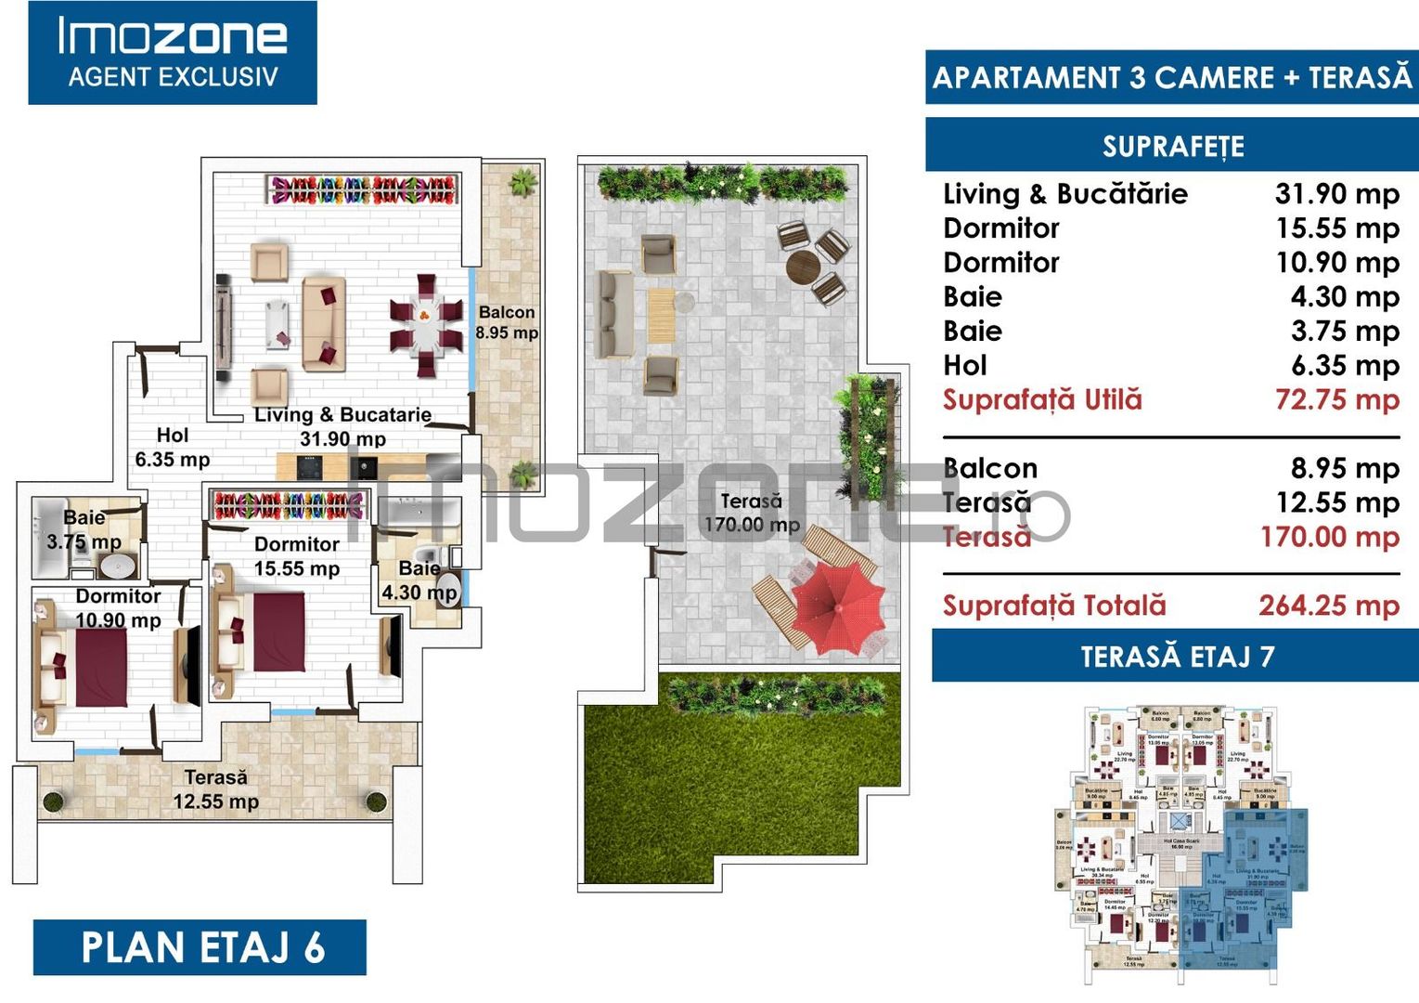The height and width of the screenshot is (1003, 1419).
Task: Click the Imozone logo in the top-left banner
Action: coord(173,52)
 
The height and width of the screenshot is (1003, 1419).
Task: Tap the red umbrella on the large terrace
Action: coord(837,605)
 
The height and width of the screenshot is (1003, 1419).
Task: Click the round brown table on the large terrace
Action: coord(804,267)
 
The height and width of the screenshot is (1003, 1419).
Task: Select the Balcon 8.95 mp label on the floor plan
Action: coord(507,322)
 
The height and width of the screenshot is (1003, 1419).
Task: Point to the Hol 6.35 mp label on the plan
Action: coord(173,447)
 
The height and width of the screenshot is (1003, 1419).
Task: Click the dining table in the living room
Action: coord(426,324)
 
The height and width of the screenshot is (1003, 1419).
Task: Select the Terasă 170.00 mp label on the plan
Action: coord(752,513)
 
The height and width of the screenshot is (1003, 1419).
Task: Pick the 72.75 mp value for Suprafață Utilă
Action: coord(1336,400)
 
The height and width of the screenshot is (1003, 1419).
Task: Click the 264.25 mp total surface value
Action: coord(1328,606)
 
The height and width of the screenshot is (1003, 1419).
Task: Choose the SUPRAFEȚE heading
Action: coord(1173,147)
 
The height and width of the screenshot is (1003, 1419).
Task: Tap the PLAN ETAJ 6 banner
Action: coord(200,947)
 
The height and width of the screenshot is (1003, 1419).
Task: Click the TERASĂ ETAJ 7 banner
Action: coord(1176,657)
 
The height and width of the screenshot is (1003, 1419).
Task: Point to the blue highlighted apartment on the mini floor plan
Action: coord(1244,892)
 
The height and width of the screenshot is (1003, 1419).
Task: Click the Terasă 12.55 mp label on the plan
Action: coord(216,788)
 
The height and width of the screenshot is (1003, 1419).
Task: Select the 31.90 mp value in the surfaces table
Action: coord(1336,194)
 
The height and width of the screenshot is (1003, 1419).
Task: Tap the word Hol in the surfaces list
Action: coord(964,366)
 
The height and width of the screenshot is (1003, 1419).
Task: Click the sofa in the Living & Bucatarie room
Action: coord(324,322)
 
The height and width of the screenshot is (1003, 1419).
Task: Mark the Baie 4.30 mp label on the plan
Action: coord(419,580)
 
